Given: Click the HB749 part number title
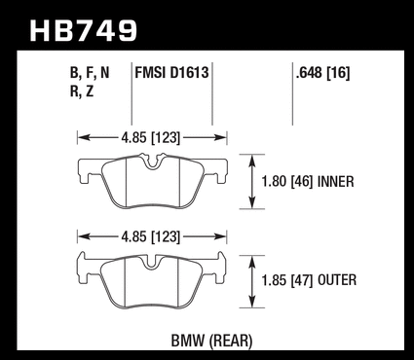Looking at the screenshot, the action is pos(84,31).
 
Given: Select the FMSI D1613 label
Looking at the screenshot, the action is pos(171,72).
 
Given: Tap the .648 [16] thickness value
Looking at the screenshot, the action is pos(322,73).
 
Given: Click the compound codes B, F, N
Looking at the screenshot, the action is pos(90,73).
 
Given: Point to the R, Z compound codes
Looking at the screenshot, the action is pos(82,91).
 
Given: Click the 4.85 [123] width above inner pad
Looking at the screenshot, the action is pos(150,138).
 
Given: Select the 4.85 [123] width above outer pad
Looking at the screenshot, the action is pos(150,236).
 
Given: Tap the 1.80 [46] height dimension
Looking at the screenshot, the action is pos(287,182).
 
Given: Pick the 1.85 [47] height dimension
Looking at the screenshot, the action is pos(287,280).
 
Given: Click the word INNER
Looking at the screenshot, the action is pos(335,182).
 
